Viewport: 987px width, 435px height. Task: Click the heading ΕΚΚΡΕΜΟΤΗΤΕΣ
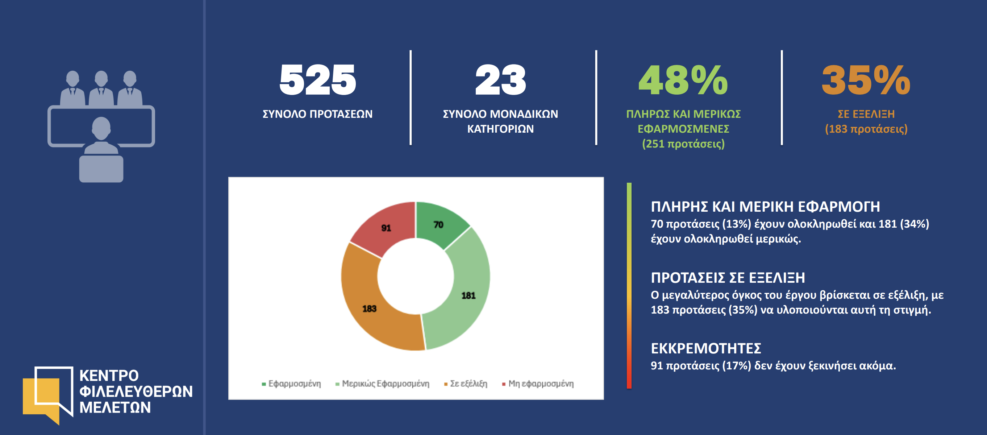tap(706, 348)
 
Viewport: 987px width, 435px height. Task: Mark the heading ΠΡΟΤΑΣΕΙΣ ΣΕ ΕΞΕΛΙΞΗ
tap(728, 277)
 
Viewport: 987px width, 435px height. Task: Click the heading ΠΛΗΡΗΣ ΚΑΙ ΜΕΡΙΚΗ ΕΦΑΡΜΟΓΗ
tap(765, 207)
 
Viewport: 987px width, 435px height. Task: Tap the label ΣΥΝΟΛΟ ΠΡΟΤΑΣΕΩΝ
tap(317, 114)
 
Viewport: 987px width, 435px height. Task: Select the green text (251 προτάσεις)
tap(683, 144)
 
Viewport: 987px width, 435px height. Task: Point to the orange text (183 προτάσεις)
tap(866, 129)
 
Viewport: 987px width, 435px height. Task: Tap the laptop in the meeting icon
tap(101, 169)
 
